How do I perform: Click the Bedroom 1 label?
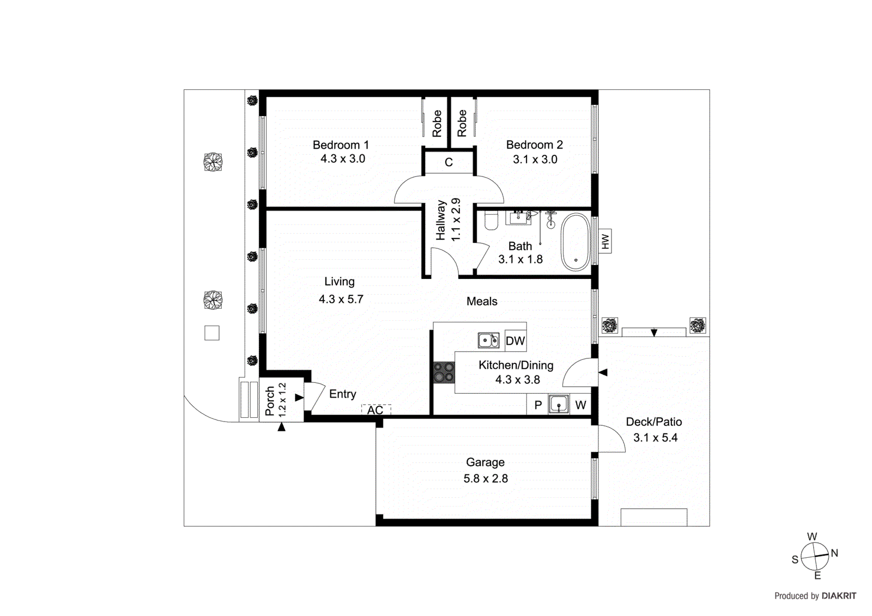tap(341, 145)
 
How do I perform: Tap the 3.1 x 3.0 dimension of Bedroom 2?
tap(535, 160)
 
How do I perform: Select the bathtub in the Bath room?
tap(576, 242)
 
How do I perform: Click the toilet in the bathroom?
tap(491, 221)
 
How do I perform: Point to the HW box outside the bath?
tap(604, 241)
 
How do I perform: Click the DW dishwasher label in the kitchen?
tap(515, 341)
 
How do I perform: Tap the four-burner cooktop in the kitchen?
tap(444, 373)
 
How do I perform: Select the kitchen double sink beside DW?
tap(488, 340)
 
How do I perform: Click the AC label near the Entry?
tap(375, 410)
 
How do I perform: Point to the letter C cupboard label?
tap(449, 162)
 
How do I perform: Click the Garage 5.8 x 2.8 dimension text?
tap(486, 479)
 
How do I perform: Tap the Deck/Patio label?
tap(653, 422)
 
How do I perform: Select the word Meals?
tap(482, 301)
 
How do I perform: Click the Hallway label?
tap(441, 220)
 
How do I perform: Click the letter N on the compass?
tap(834, 553)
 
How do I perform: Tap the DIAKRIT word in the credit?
tap(839, 596)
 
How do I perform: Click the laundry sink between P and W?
tap(559, 405)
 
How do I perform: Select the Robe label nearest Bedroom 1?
tap(437, 123)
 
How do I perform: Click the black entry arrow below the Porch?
tap(281, 428)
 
